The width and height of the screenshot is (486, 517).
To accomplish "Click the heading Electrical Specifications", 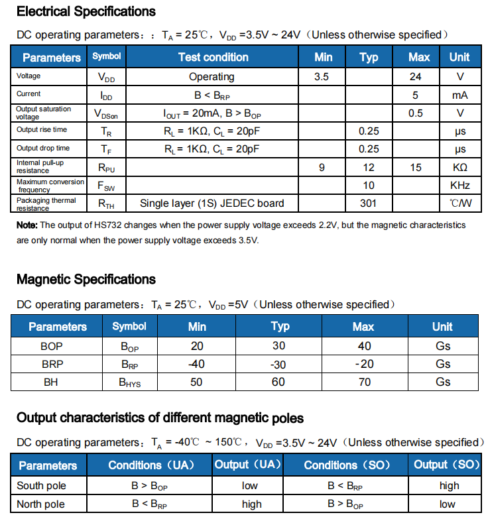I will click(x=86, y=11).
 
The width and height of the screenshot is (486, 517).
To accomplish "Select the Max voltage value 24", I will click(x=416, y=77).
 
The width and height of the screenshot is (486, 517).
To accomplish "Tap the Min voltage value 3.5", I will click(x=322, y=77).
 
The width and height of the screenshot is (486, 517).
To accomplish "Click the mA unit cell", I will click(x=460, y=95).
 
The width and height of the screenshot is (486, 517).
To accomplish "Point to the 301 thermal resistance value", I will click(x=369, y=203).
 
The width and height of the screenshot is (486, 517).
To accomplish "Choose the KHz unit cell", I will click(x=460, y=185).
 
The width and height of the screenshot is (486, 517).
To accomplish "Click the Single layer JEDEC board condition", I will click(x=212, y=203).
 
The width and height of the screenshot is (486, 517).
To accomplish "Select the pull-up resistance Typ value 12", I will click(x=369, y=167).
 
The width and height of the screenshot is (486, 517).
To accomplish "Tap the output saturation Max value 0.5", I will click(x=416, y=113).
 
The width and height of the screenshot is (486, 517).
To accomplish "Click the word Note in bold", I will click(x=27, y=225).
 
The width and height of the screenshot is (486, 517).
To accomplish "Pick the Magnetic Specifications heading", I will click(x=86, y=279).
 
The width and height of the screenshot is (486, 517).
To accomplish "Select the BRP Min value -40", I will click(x=196, y=364).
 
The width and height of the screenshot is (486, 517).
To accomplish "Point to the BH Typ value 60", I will click(x=278, y=382).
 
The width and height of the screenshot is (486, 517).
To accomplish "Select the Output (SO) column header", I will click(x=447, y=465).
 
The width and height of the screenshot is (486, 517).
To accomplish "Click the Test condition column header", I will click(x=213, y=57).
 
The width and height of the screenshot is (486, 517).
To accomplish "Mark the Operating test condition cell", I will click(x=212, y=77).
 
